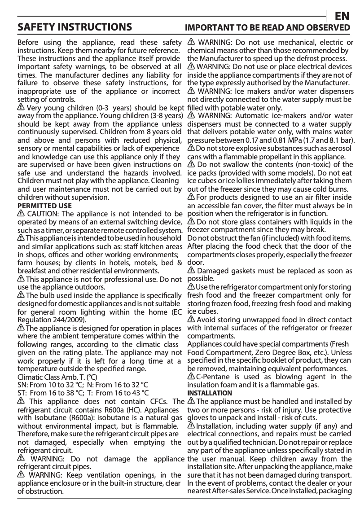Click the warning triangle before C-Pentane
pos(191,377)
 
